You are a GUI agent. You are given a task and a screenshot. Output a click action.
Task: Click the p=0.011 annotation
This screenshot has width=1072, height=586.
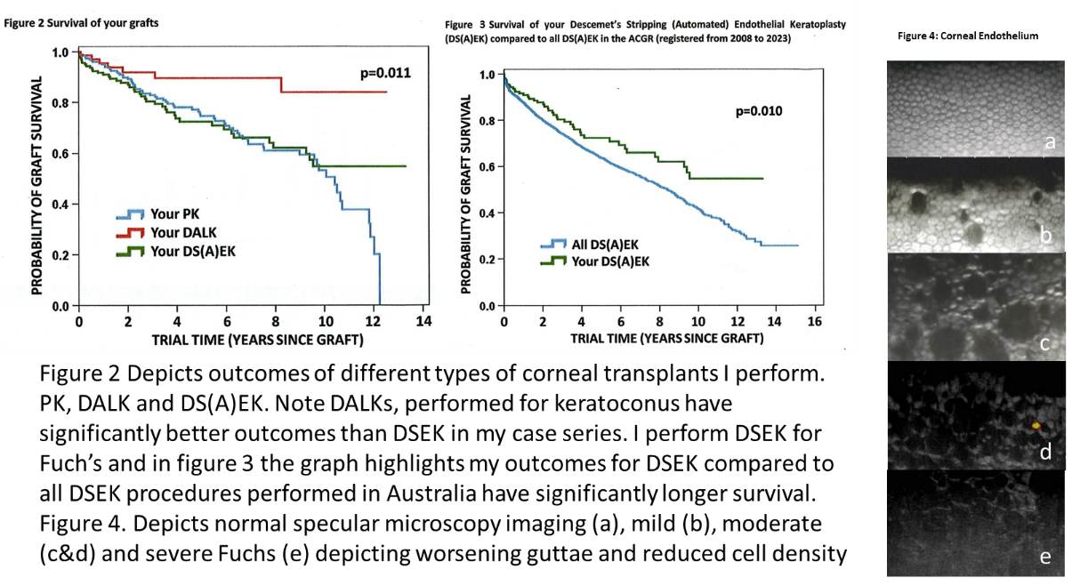click(385, 74)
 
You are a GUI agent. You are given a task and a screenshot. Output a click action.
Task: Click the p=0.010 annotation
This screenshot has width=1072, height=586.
click(761, 111)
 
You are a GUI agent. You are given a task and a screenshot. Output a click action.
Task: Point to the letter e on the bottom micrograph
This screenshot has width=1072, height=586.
click(1045, 557)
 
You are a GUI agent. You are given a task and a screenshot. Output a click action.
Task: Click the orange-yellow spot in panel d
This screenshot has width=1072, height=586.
click(1036, 426)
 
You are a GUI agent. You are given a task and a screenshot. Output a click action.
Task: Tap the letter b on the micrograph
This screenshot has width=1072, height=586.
click(1046, 236)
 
